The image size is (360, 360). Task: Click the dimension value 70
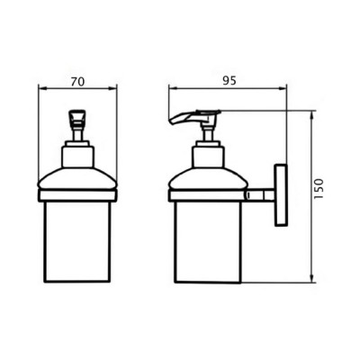click(77, 82)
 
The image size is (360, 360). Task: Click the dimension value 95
click(229, 80)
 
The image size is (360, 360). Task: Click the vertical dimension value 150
click(319, 189)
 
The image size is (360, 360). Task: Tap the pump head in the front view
click(77, 118)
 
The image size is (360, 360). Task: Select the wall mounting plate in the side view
click(281, 194)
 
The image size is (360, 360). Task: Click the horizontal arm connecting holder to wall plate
click(261, 195)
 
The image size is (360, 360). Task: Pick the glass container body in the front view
click(77, 242)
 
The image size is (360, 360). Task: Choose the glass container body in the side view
click(208, 242)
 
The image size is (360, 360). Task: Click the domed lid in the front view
click(77, 179)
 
